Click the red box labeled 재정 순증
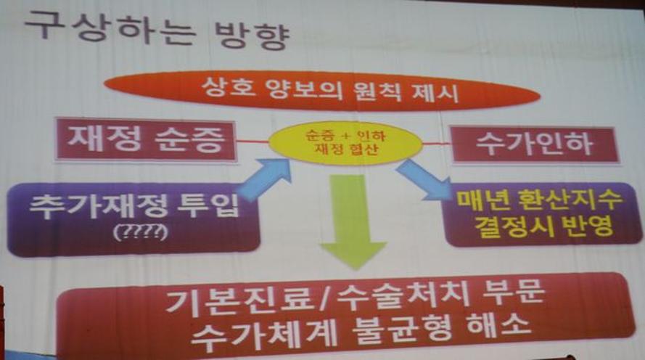[x=146, y=140]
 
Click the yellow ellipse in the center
[x=345, y=143]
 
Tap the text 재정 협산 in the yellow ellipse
[x=345, y=149]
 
